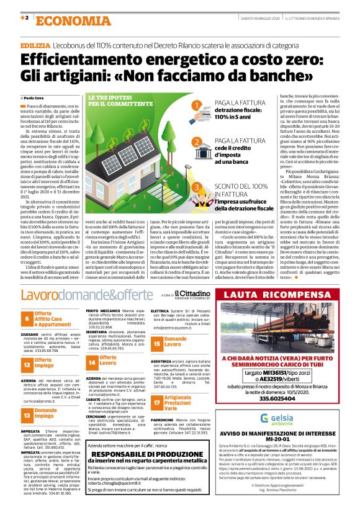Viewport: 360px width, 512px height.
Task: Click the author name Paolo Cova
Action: [35, 98]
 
